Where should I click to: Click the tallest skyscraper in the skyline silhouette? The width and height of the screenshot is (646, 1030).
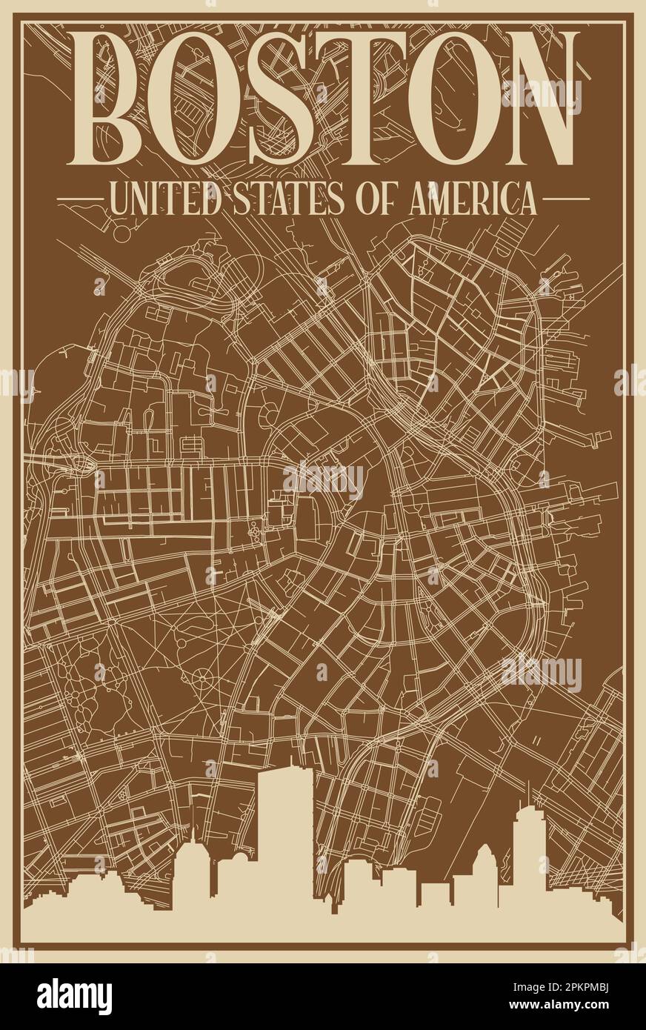285,837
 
